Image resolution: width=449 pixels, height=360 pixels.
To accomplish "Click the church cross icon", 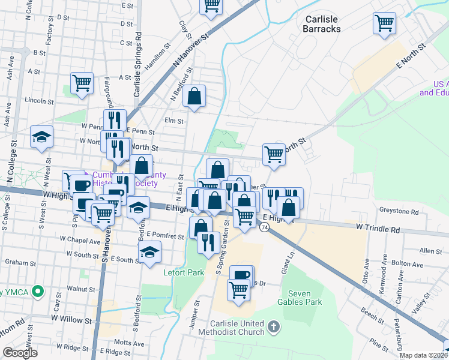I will coord(274,327).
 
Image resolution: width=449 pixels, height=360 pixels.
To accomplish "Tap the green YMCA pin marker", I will coord(38,292).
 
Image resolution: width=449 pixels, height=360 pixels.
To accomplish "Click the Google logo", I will coord(20,353).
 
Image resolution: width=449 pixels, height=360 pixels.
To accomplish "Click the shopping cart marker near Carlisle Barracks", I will coord(384,24).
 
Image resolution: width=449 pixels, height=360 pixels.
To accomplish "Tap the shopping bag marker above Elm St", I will coord(194,96).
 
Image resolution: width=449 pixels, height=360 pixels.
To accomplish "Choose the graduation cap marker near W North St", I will coord(42,137).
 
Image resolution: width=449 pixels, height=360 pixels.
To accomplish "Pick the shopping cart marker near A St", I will coord(82,83).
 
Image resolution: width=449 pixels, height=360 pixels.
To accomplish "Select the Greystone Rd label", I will coord(399,211).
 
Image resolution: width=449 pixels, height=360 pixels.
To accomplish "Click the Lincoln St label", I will coord(40,100).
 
